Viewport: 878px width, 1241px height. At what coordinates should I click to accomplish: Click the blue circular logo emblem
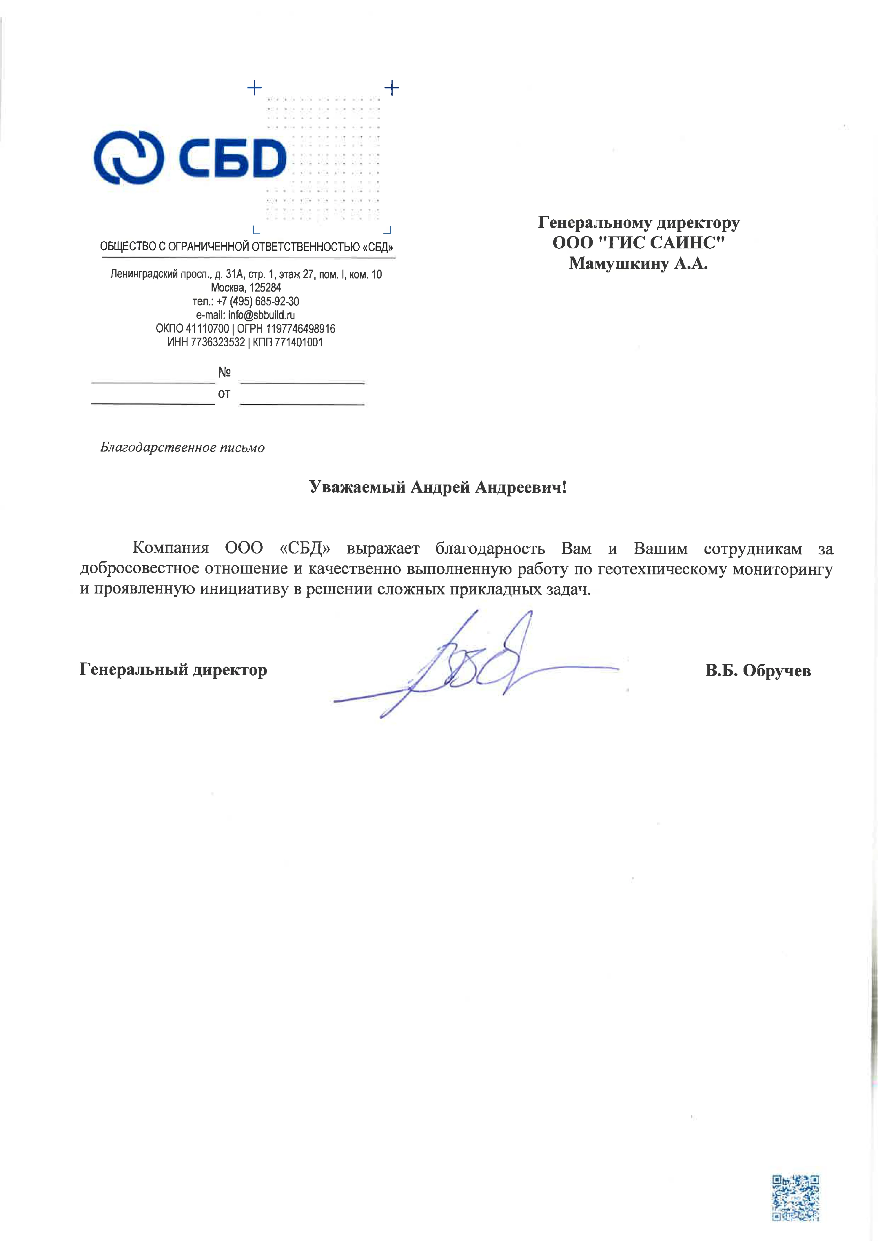pos(129,157)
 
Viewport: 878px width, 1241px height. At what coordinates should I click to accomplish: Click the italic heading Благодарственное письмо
pos(182,447)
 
